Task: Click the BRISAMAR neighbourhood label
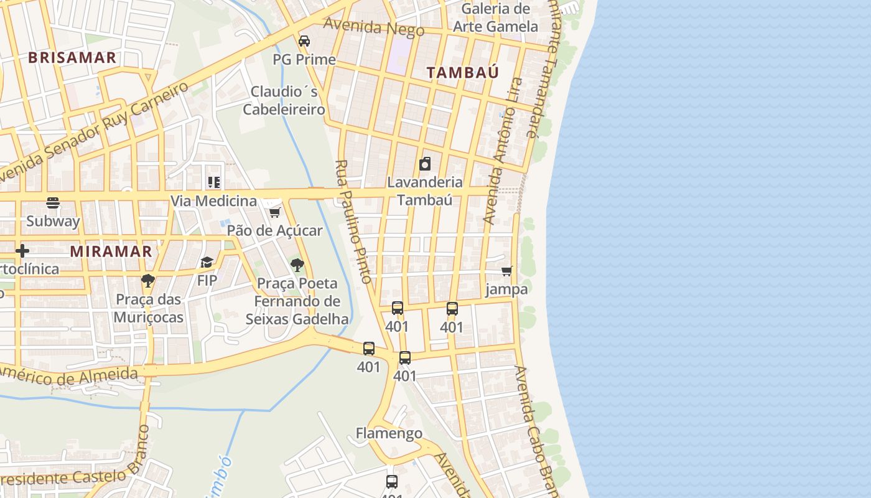pos(72,58)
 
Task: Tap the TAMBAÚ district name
pos(463,72)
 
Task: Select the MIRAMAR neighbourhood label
pos(111,251)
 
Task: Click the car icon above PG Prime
pos(304,41)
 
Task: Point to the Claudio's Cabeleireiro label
pos(284,101)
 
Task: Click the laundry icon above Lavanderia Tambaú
pos(425,164)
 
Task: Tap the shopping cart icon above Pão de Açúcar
pos(274,213)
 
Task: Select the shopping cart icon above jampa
pos(507,271)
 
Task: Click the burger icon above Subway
pos(53,203)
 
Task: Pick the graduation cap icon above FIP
pos(207,263)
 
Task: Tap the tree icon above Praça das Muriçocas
pos(147,281)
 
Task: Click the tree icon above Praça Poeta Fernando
pos(297,265)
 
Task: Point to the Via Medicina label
pos(214,200)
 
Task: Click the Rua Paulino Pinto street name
pos(353,221)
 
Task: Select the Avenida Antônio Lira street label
pos(503,151)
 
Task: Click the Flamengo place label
pos(389,433)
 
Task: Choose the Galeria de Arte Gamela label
pos(495,17)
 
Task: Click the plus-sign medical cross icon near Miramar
pos(22,251)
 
